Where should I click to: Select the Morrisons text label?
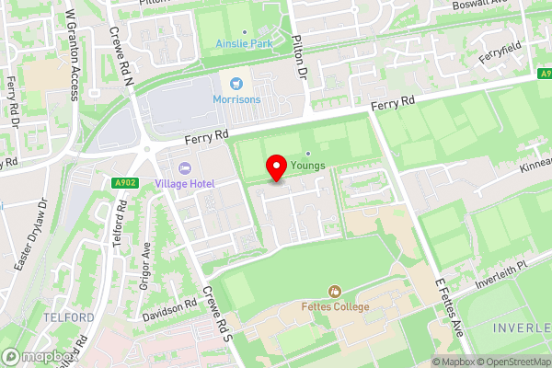(x=238, y=99)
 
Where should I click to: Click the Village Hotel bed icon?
(x=185, y=168)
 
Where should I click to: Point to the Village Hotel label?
(x=185, y=184)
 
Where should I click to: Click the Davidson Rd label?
(x=169, y=309)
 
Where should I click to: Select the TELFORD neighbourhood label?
(x=68, y=317)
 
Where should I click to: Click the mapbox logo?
(x=39, y=356)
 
